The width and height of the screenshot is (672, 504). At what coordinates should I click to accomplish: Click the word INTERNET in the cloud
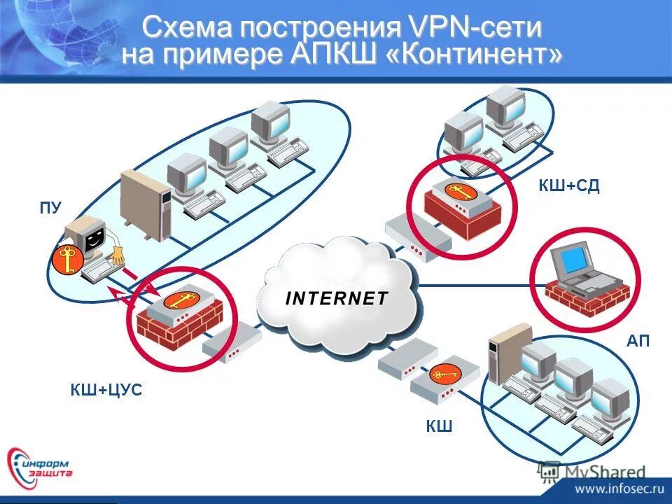pyautogui.click(x=336, y=298)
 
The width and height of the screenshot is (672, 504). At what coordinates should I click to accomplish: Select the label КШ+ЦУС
pyautogui.click(x=106, y=390)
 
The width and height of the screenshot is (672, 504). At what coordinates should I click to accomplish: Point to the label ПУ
pyautogui.click(x=50, y=208)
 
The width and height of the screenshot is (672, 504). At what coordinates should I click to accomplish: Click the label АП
pyautogui.click(x=638, y=341)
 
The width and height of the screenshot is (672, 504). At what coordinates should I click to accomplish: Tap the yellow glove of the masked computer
pyautogui.click(x=116, y=254)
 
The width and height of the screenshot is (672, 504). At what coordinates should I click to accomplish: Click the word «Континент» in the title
pyautogui.click(x=473, y=55)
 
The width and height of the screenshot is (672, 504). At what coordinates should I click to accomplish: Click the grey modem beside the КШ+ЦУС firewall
pyautogui.click(x=231, y=341)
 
